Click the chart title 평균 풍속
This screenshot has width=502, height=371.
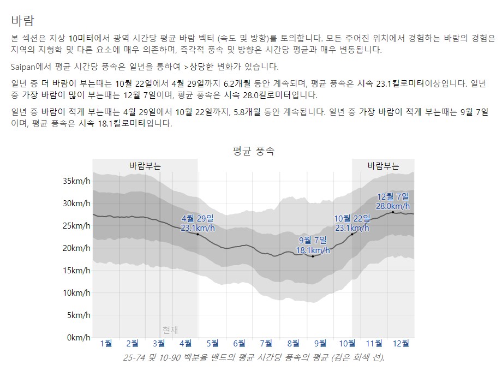coord(253,151)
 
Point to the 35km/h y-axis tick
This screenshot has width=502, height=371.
coord(76,181)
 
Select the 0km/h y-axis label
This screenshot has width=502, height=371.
coord(78,337)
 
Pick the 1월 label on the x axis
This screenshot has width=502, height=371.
coord(106,343)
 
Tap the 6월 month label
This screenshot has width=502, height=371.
coord(240,343)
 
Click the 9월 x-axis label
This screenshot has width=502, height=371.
coord(320,343)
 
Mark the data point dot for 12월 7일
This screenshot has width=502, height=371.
coord(393,212)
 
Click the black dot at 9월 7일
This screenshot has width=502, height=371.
coord(313,256)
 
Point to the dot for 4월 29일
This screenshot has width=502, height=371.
coord(198,234)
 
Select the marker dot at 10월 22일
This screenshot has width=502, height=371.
coord(352,234)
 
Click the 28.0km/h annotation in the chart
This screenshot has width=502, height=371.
coord(393,206)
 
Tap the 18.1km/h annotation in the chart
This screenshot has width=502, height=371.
coord(313,250)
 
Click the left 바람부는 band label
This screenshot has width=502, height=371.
coord(145,166)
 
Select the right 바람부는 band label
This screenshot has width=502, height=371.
coord(383,166)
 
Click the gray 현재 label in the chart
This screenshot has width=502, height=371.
coord(170,330)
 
